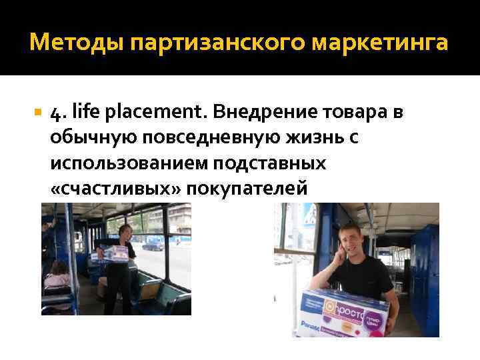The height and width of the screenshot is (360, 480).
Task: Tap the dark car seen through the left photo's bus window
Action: [x=153, y=245]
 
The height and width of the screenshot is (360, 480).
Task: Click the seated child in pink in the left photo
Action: [x=57, y=273]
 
